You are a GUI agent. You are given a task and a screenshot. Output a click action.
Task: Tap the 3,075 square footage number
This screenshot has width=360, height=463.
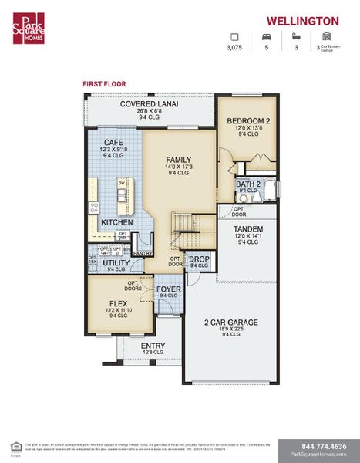tap(234, 48)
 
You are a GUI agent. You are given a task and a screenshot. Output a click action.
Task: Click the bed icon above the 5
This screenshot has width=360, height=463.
tap(267, 36)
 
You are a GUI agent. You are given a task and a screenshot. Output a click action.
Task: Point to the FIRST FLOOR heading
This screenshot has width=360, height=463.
tap(104, 83)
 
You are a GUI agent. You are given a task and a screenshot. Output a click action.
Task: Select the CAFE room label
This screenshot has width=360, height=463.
tap(114, 142)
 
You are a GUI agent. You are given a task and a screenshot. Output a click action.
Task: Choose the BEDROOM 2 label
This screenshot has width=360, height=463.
tap(248, 121)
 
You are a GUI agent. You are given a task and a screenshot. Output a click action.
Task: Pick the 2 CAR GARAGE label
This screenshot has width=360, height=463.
tap(230, 322)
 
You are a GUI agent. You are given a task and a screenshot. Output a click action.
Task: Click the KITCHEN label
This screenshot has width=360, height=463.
tap(116, 223)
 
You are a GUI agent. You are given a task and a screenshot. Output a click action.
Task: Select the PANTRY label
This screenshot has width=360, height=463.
tap(142, 252)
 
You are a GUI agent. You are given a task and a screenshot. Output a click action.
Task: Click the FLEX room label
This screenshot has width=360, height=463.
tap(118, 302)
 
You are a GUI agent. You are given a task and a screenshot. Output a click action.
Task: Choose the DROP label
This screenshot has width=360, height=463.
tap(199, 259)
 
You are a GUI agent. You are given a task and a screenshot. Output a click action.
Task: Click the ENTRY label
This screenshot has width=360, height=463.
tap(153, 346)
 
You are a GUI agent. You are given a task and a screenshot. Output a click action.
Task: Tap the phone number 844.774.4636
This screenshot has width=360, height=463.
tap(318, 446)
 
